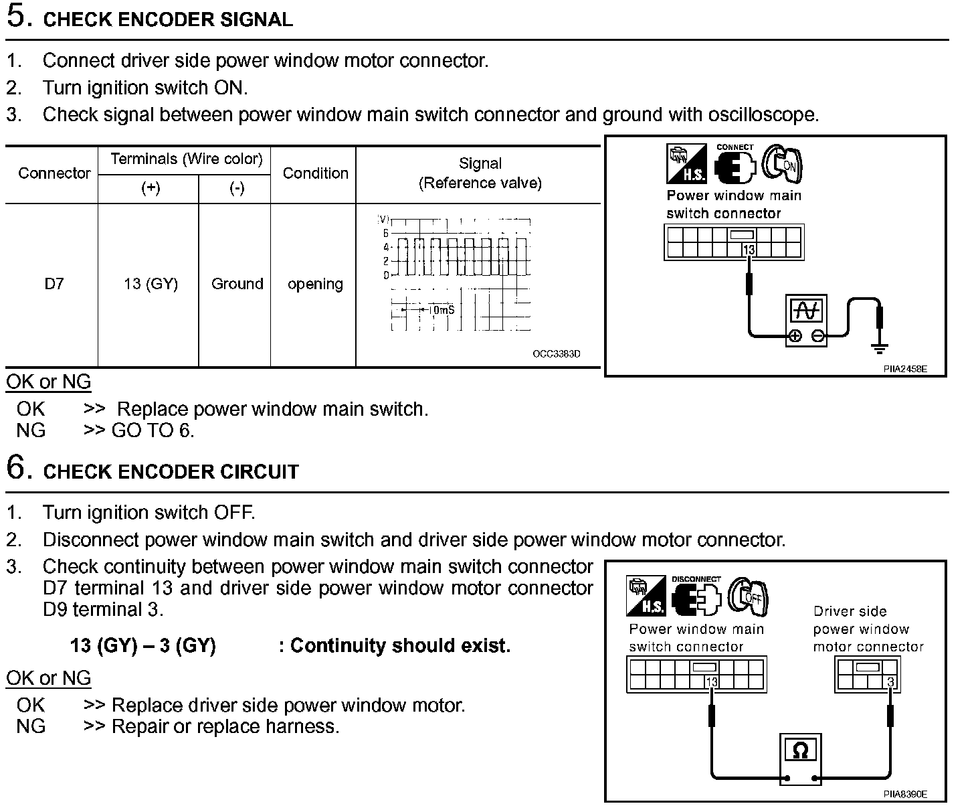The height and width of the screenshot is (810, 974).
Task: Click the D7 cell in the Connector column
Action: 54,284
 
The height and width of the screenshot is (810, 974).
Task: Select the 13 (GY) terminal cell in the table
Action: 151,284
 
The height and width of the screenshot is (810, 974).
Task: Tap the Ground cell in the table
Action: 237,284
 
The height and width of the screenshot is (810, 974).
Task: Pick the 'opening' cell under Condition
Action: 315,284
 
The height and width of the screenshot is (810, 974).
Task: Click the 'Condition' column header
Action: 315,173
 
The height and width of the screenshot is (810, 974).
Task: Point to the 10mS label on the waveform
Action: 441,310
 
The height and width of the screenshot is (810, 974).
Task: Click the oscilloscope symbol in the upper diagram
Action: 806,321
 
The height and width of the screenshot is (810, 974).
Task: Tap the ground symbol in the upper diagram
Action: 880,347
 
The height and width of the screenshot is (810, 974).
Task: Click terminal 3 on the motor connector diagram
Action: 890,682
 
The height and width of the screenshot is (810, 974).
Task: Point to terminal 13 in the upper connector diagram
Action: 749,250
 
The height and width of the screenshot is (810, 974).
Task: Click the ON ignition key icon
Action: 784,164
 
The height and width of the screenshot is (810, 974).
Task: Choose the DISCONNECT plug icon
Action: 696,596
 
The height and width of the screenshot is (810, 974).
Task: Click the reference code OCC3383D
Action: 557,353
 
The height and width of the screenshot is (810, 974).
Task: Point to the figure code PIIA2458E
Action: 904,369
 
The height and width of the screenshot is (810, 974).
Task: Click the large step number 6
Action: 19,467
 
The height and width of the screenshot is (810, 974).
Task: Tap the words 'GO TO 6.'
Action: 153,430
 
